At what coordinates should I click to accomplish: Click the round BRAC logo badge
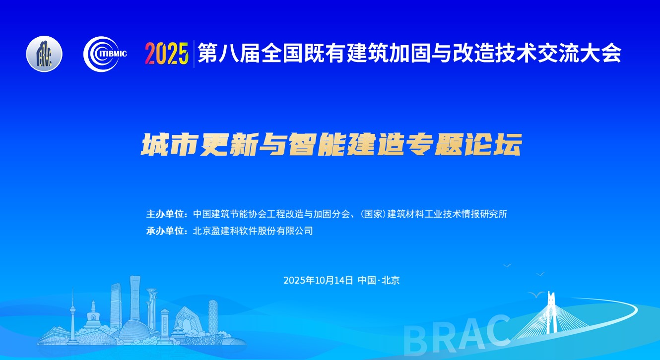point(44,54)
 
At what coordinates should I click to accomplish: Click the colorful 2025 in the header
point(167,54)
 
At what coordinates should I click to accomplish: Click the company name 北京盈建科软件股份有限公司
point(253,231)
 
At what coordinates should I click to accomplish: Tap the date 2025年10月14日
point(318,280)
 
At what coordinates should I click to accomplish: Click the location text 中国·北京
point(379,280)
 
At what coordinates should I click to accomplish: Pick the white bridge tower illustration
point(550,312)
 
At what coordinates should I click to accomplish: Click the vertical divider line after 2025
point(194,54)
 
